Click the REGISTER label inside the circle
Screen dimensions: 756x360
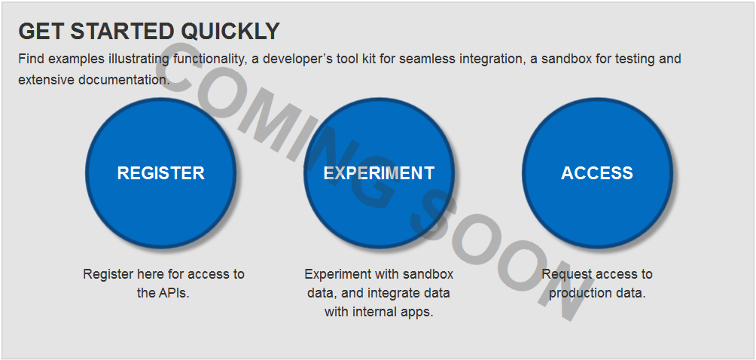click(x=161, y=173)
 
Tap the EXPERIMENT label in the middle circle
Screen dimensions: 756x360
click(x=379, y=173)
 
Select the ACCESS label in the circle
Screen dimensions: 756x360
click(x=597, y=173)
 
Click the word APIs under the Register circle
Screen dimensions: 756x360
click(x=173, y=293)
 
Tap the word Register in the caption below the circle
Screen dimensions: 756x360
click(x=108, y=275)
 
